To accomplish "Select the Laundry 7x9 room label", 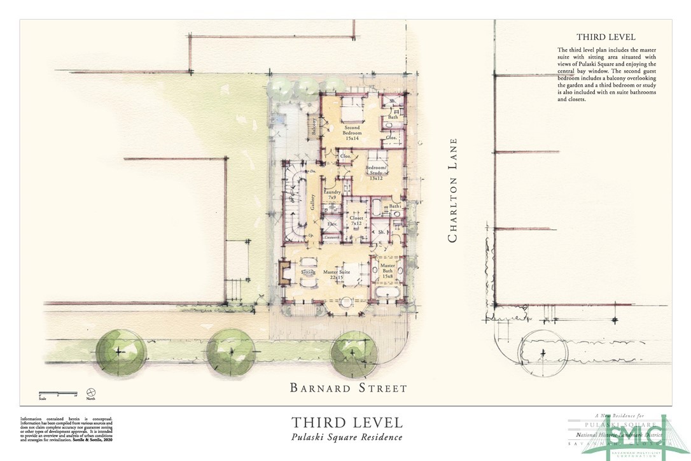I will tap(332, 195).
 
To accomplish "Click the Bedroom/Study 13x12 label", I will tap(375, 173).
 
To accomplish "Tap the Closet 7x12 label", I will tap(356, 220).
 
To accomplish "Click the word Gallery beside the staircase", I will tap(313, 203).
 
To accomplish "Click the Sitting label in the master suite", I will tap(308, 273).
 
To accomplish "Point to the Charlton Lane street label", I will tap(453, 191).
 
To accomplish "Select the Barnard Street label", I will tap(348, 387).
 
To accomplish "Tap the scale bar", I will tap(57, 392).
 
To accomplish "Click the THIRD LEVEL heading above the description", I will tap(605, 38).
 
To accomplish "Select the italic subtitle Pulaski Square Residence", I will tap(347, 437).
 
